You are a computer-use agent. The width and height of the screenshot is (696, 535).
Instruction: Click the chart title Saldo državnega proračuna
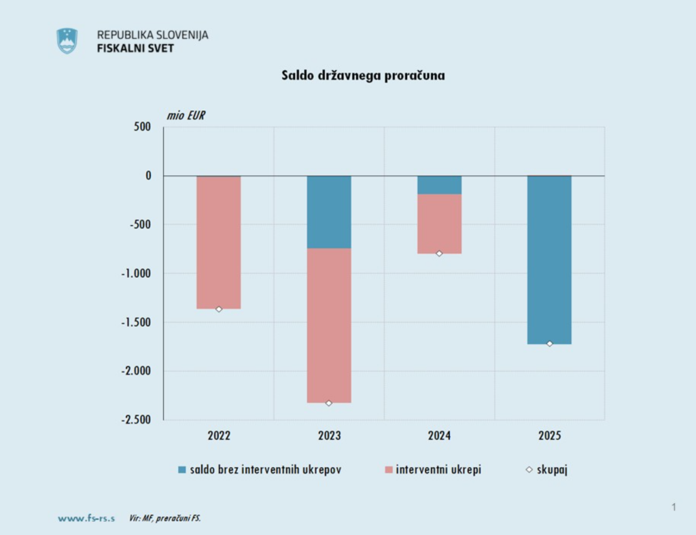pos(363,75)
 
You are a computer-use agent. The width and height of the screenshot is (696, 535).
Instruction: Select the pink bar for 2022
pos(219,242)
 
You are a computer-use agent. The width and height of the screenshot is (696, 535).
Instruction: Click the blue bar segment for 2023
pos(329,212)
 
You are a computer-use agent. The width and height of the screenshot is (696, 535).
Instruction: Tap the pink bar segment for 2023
pos(329,325)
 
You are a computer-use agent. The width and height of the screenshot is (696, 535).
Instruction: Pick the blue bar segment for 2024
pos(439,185)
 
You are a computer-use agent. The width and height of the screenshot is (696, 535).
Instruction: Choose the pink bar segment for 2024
pos(439,224)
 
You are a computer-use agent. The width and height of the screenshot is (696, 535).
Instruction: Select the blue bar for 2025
pos(549,260)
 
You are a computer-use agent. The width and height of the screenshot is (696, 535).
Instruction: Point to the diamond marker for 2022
pos(219,309)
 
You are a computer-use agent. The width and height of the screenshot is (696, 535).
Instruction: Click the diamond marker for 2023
pos(329,403)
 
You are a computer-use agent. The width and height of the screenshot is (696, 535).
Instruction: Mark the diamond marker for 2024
pos(439,254)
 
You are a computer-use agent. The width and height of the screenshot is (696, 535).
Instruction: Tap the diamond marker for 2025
pos(549,344)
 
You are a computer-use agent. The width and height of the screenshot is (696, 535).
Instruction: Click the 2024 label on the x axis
pos(439,436)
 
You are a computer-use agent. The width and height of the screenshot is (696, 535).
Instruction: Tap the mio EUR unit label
pos(186,115)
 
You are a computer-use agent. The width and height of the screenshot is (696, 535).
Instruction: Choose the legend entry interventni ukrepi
pos(438,470)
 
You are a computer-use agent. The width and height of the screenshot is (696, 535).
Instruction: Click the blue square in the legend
pos(181,470)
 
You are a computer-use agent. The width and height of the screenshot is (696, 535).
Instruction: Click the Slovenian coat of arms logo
pos(67,41)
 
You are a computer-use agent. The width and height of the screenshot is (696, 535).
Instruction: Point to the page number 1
pos(674,506)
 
